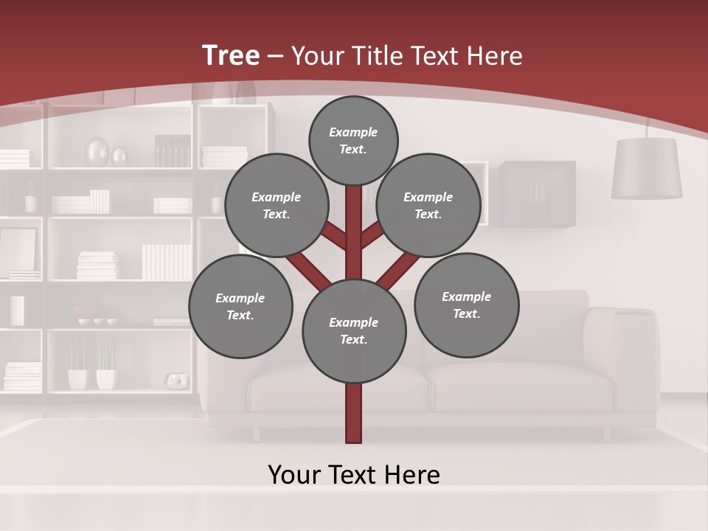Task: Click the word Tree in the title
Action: point(231,55)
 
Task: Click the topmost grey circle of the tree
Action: point(353,140)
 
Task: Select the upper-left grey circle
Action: point(277,205)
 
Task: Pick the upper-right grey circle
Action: point(428,205)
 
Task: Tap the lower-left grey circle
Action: point(240,306)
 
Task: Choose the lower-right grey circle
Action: point(466,305)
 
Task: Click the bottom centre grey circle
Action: point(353,331)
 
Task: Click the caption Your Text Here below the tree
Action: point(353,475)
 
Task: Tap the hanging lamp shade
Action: point(646,169)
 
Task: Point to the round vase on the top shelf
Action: point(97,152)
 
